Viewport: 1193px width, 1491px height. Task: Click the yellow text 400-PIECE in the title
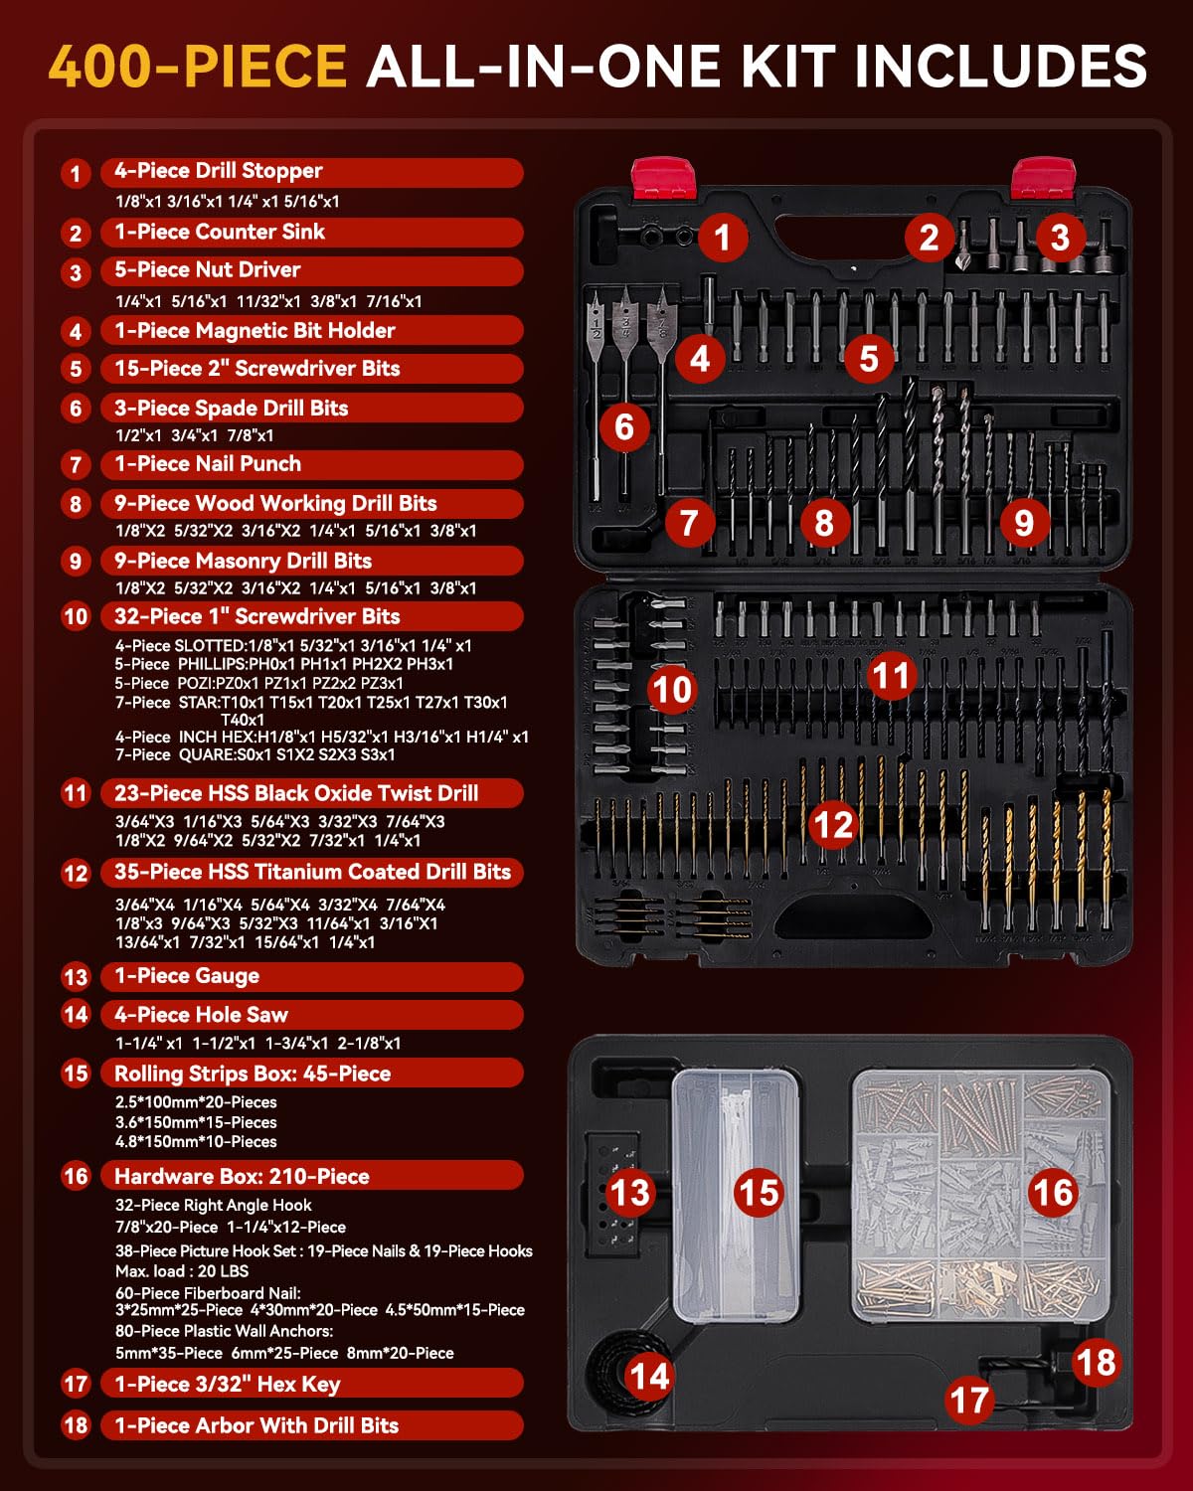tap(197, 67)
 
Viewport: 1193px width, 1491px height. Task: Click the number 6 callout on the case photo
tap(624, 427)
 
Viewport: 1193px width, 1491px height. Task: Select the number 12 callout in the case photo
tap(833, 824)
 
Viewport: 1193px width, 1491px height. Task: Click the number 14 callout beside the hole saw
tap(649, 1377)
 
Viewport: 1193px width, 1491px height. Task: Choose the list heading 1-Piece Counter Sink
tap(220, 232)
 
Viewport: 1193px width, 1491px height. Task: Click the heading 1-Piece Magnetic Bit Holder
tap(255, 331)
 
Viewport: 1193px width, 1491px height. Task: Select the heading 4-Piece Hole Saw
tap(201, 1015)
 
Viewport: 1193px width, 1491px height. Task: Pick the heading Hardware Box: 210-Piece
tap(242, 1176)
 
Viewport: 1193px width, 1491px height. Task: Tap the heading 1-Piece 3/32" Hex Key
tap(227, 1384)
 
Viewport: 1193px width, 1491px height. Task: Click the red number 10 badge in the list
tap(76, 616)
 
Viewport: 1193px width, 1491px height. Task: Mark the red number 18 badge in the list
tap(76, 1425)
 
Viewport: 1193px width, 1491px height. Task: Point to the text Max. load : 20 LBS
tap(182, 1271)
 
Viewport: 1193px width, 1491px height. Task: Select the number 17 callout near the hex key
tap(968, 1401)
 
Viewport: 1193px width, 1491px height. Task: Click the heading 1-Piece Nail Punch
tap(208, 464)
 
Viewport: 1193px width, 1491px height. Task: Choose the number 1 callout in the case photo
tap(723, 237)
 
